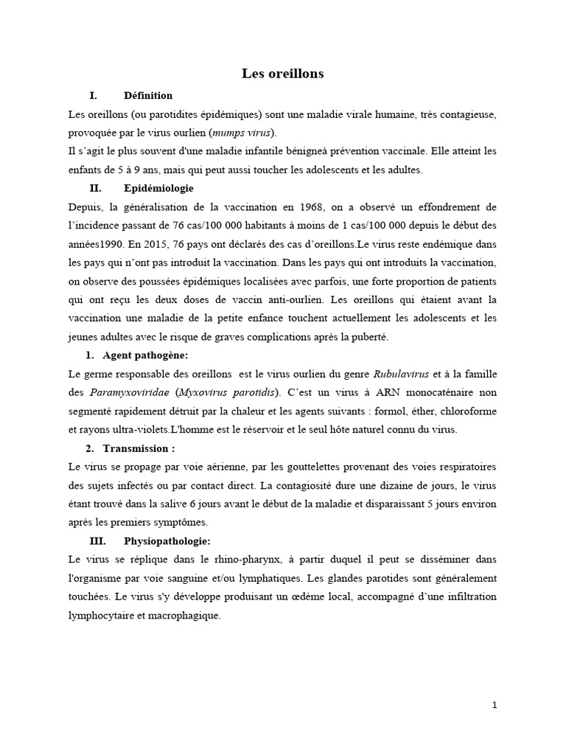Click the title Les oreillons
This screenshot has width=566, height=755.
tap(283, 74)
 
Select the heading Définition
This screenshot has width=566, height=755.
tap(148, 95)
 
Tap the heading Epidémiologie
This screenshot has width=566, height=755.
tap(158, 188)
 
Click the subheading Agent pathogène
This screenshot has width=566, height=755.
tap(146, 355)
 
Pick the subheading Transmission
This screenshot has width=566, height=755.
tap(139, 448)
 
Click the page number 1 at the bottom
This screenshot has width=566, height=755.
tap(495, 705)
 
